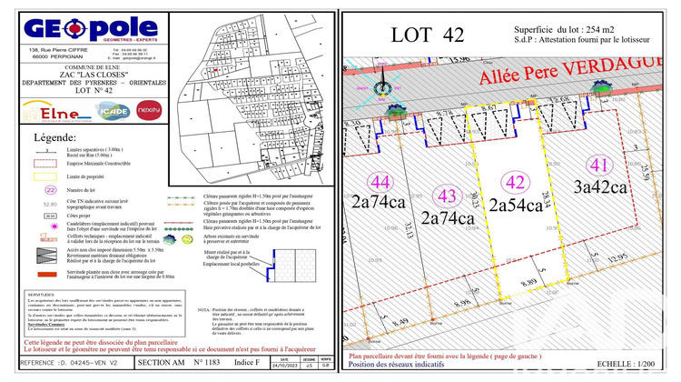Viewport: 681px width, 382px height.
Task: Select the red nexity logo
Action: [149, 110]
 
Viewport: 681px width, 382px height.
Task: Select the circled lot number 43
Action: [446, 196]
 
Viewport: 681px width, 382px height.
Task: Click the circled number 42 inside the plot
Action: [516, 180]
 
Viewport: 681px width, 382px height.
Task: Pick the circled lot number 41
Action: [597, 166]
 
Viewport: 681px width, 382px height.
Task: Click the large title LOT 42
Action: [427, 35]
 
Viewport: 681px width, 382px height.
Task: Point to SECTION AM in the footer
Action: [159, 363]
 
